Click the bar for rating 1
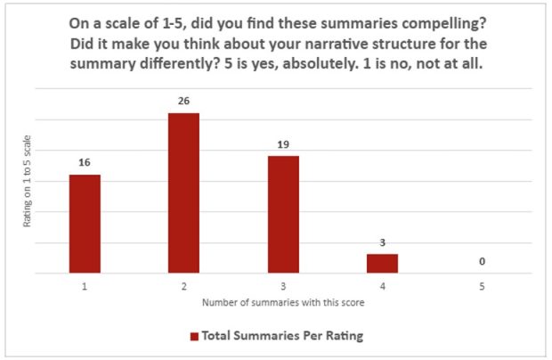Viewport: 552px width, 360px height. click(85, 224)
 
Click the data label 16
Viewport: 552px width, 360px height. click(85, 162)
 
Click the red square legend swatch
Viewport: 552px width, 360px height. click(193, 336)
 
